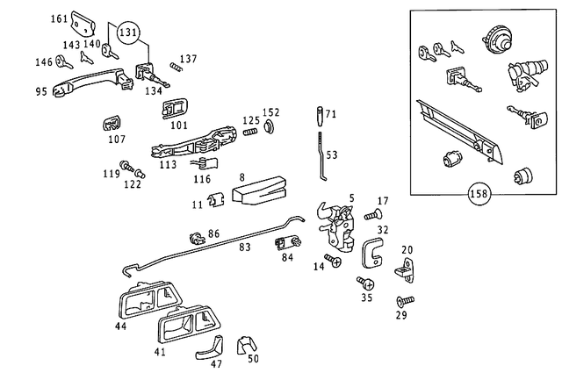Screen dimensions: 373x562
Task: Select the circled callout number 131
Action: click(x=129, y=34)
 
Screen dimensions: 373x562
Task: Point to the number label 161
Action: click(x=58, y=18)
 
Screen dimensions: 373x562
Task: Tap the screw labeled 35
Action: click(x=364, y=283)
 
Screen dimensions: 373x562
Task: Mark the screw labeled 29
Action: click(x=406, y=301)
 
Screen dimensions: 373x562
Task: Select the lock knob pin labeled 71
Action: click(x=319, y=116)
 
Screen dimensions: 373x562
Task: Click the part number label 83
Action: click(x=244, y=247)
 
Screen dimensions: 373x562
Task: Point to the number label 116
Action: click(x=202, y=179)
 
